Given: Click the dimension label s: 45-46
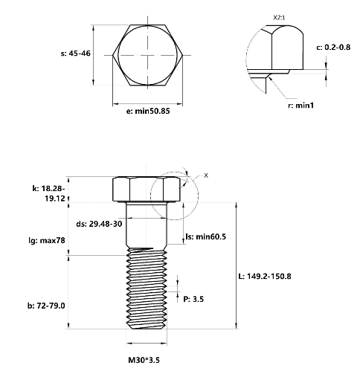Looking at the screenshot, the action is click(76, 54).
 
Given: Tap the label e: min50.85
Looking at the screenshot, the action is click(148, 111).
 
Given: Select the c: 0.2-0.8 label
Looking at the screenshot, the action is click(333, 47).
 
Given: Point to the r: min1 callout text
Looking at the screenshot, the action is click(301, 106).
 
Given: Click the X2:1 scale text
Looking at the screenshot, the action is click(279, 18).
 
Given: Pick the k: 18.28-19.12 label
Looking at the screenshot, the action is click(49, 193).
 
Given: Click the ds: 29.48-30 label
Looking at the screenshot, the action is click(99, 224).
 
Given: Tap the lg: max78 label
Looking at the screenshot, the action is click(47, 240).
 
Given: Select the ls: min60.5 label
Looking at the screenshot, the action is click(206, 236).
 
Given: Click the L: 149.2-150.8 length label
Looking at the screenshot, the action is click(265, 276).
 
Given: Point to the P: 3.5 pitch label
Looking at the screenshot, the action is click(193, 299).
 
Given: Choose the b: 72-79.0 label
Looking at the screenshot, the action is click(46, 306).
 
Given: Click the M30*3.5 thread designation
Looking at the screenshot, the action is click(144, 360).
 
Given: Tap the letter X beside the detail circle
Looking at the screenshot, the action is click(206, 175).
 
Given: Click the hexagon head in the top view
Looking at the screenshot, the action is click(148, 55).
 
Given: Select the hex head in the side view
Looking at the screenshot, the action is click(147, 189).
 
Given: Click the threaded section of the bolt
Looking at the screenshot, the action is click(147, 289).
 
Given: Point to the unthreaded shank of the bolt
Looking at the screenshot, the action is click(147, 225).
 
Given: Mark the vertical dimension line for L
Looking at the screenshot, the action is click(237, 265).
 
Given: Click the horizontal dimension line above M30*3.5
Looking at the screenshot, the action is click(147, 344).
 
